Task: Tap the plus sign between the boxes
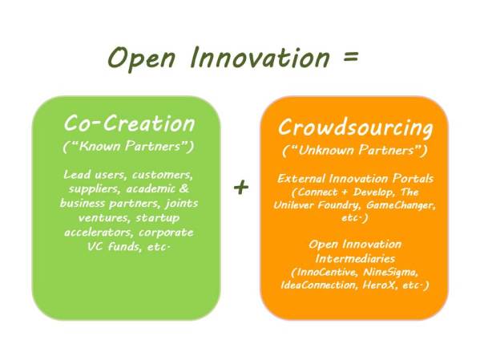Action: tap(240, 187)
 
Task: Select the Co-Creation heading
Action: tap(129, 123)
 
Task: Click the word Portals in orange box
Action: tap(405, 176)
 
